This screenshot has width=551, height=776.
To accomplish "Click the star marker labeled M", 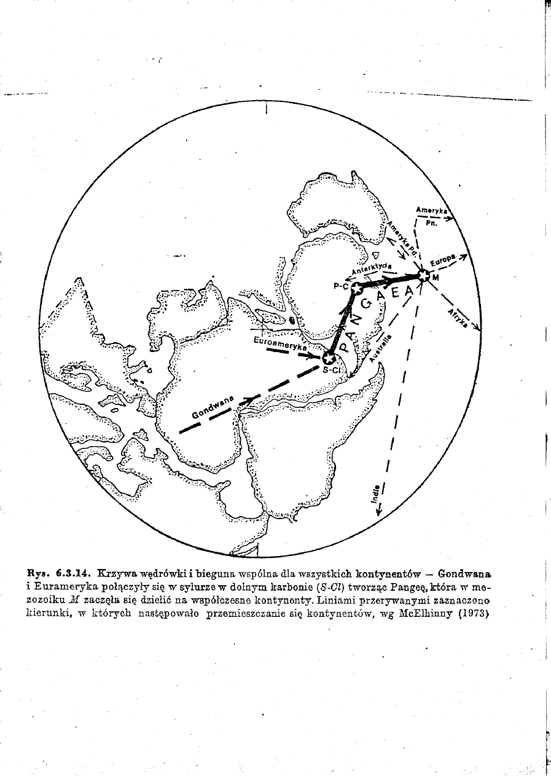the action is (x=423, y=275).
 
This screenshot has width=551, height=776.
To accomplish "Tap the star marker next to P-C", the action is (x=356, y=286).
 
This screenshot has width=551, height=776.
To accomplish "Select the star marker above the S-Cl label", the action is (x=329, y=358).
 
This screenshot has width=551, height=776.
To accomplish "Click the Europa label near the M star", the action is (x=444, y=261).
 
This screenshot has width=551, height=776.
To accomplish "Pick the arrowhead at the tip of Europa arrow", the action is (x=465, y=256).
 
